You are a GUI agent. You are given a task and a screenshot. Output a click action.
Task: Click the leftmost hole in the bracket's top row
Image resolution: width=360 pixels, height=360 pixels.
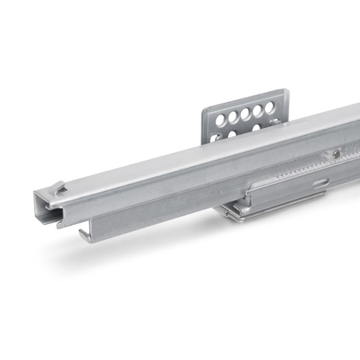222,121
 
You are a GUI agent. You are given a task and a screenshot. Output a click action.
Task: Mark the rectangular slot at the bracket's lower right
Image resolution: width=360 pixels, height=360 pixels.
278,123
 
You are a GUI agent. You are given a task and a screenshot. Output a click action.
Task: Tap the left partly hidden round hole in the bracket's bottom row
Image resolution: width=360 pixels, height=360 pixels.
232,135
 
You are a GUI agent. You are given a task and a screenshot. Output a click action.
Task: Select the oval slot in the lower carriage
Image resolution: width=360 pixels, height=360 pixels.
320,184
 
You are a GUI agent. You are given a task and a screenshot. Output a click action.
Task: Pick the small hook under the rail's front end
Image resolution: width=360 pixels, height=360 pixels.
82,233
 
